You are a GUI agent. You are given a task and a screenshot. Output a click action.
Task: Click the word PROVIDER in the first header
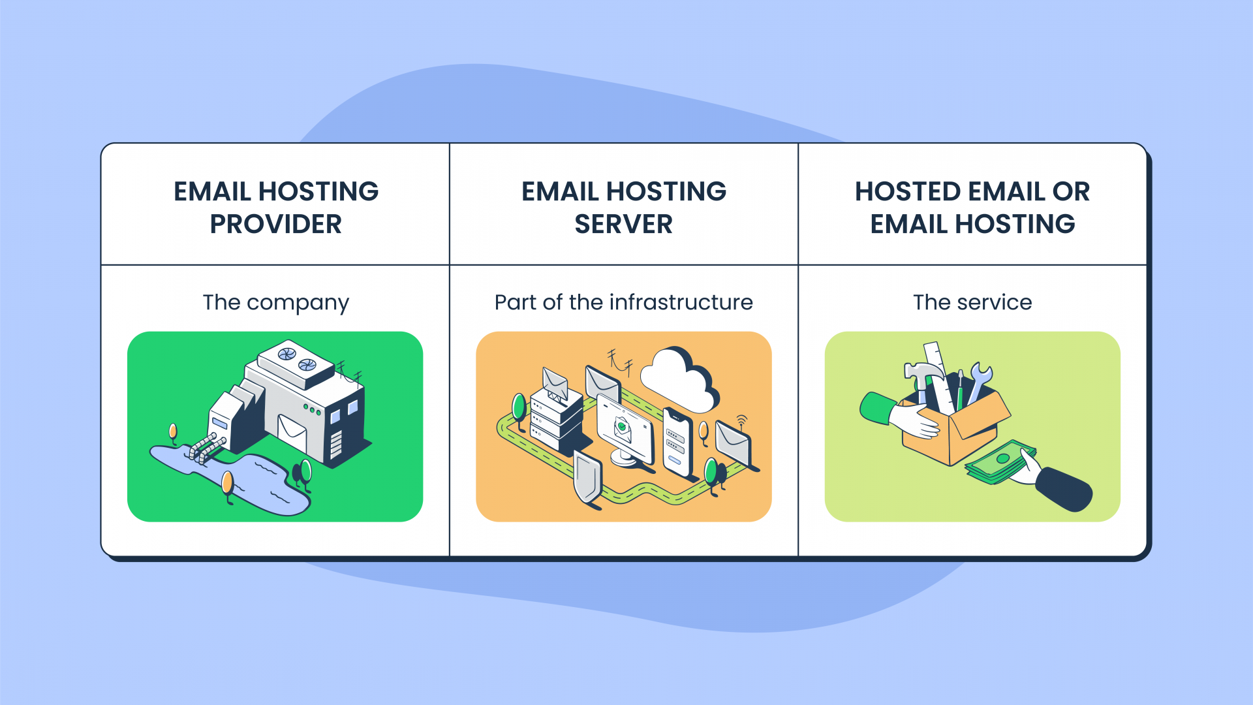[275, 225]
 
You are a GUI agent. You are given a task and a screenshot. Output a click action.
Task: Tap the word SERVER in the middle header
[623, 225]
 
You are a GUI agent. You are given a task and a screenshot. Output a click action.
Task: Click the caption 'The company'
[275, 303]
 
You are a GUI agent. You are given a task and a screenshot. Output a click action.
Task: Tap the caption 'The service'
[972, 303]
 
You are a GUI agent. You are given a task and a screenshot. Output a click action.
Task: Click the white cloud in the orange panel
[679, 382]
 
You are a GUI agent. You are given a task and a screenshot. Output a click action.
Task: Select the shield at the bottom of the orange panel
[587, 480]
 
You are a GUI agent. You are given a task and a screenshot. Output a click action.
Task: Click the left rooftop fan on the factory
[287, 354]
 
